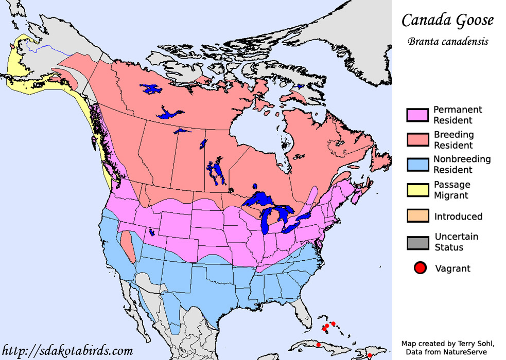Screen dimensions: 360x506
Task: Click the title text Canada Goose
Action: (x=447, y=21)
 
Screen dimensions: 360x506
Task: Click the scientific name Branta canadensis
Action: (x=448, y=42)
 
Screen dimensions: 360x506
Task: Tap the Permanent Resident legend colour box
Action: (x=417, y=115)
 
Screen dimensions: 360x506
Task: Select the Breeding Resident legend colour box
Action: (x=417, y=140)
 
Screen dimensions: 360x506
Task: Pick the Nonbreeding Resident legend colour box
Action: (x=417, y=165)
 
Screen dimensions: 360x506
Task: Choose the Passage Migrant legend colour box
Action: (x=417, y=190)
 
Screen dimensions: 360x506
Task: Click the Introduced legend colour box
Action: (x=417, y=216)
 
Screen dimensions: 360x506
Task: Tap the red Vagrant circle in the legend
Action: (x=421, y=268)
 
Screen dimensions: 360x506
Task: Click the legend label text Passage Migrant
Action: (x=451, y=190)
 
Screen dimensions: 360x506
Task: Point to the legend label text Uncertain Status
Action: (x=456, y=242)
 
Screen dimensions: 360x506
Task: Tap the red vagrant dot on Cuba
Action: (x=319, y=345)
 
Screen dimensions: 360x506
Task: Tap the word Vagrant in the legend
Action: (x=453, y=268)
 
